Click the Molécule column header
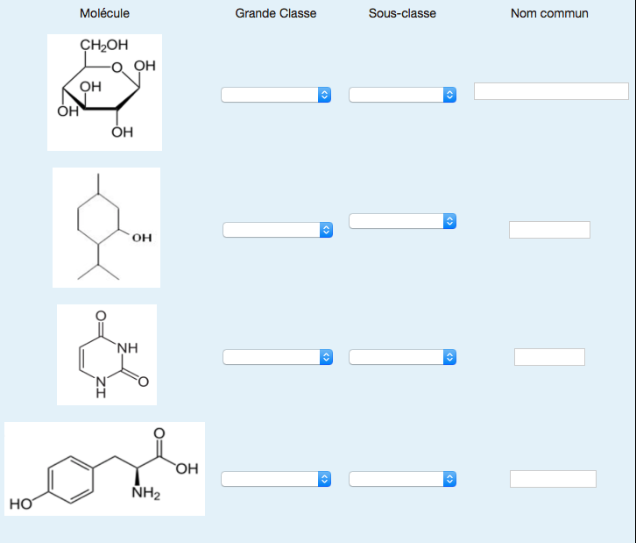tap(104, 13)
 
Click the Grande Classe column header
tap(276, 13)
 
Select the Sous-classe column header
tap(402, 13)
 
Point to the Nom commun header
tap(549, 13)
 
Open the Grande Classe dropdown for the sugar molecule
tap(276, 95)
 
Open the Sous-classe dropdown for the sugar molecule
tap(403, 95)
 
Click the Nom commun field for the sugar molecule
tap(551, 91)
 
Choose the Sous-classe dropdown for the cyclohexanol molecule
tap(403, 221)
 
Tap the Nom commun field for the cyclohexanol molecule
tap(549, 230)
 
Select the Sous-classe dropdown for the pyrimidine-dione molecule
tap(403, 357)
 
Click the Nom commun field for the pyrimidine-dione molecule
tap(549, 357)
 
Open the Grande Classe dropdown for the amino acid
tap(276, 479)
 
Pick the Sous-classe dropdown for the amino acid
tap(403, 479)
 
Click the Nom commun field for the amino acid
tap(553, 479)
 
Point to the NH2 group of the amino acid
tap(145, 493)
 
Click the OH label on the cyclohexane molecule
tap(142, 237)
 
